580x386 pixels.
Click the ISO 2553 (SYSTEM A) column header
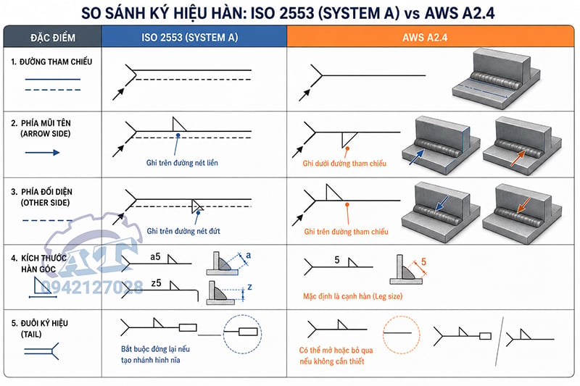coord(189,38)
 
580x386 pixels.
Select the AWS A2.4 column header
coord(425,38)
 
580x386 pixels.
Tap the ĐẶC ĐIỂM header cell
coord(53,38)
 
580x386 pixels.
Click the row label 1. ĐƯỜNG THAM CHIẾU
coord(51,62)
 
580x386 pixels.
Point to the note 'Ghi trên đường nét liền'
coord(182,162)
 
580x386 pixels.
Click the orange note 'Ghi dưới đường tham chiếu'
coord(344,163)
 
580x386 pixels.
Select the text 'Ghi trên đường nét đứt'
coord(183,231)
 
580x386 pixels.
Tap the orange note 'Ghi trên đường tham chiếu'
coord(347,232)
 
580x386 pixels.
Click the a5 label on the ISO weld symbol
coord(155,256)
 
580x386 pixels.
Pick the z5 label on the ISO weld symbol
coord(156,283)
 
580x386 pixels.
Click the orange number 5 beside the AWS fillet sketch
coord(423,261)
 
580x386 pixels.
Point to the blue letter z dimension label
coord(249,287)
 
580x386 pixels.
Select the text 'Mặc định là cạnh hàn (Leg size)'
coord(352,296)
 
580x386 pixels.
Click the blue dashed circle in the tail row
coord(224,334)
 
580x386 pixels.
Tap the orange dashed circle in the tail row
coord(383,335)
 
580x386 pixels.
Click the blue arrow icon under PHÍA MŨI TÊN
coord(42,153)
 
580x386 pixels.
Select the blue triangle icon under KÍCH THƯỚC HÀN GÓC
coord(41,285)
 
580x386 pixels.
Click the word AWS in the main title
coord(442,13)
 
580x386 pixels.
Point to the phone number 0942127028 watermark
coord(92,287)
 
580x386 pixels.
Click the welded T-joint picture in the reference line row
coord(496,80)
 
